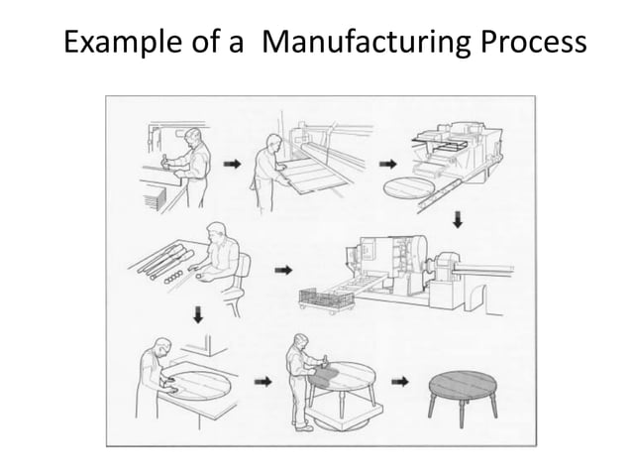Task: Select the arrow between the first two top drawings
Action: point(231,166)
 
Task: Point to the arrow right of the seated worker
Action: point(282,269)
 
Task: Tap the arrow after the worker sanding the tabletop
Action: point(263,380)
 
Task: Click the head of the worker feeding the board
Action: point(265,135)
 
